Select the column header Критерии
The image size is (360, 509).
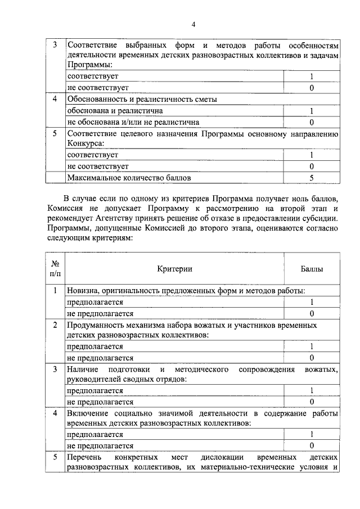click(175, 269)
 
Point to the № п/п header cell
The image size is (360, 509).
click(55, 268)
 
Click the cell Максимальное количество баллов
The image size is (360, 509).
click(129, 178)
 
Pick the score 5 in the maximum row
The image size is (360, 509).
click(311, 178)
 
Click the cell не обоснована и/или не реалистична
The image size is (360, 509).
click(133, 121)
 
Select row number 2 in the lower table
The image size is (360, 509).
click(55, 325)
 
